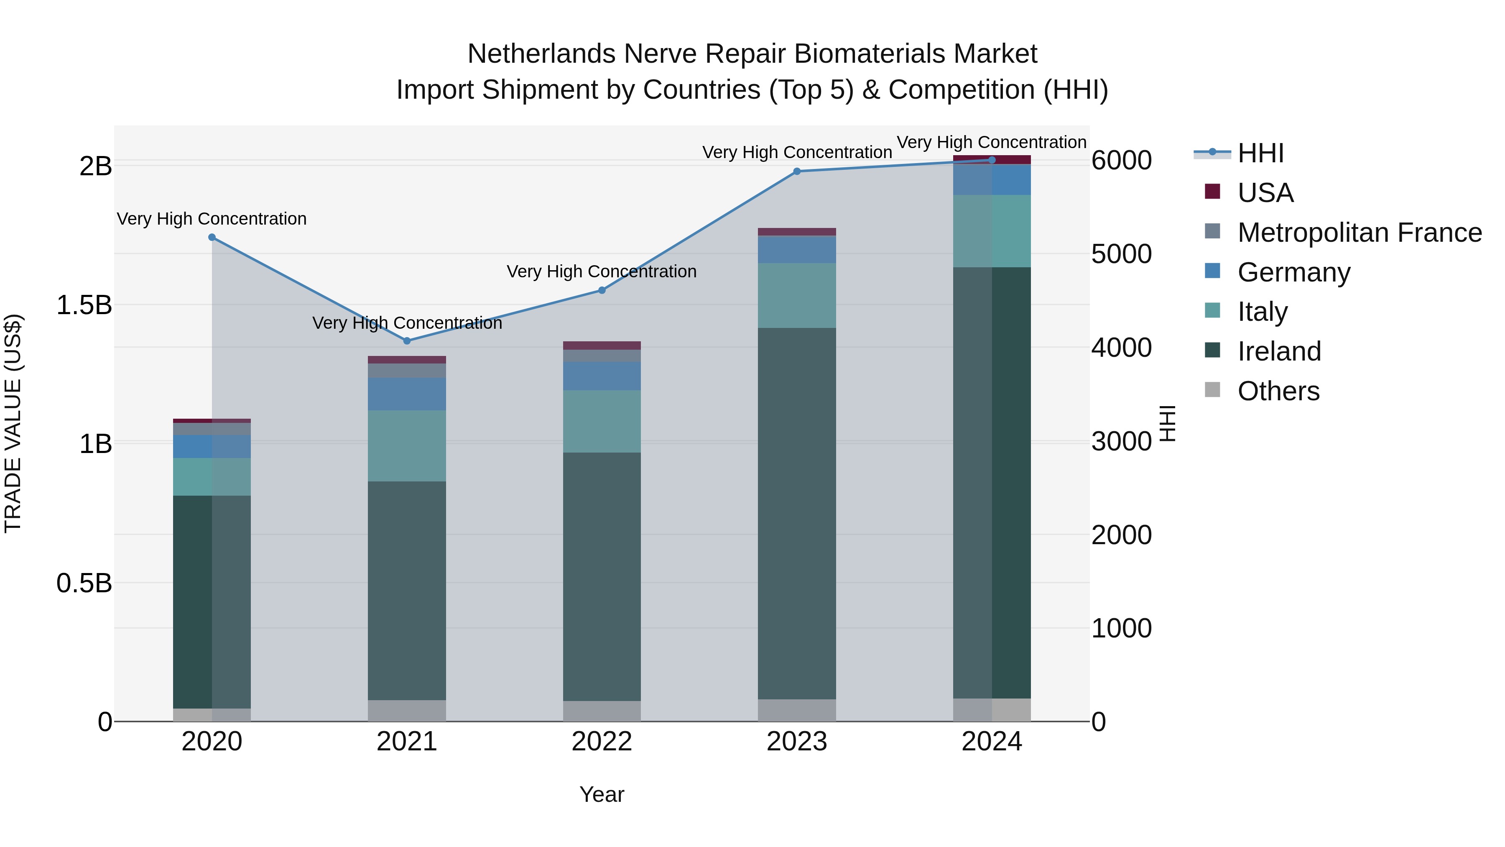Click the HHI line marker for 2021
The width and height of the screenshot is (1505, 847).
(407, 341)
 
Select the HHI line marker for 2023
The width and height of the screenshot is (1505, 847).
(796, 171)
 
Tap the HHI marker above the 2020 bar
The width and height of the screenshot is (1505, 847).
(212, 237)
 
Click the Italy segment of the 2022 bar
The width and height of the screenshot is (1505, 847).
(602, 422)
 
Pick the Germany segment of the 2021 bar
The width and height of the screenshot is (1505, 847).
(407, 394)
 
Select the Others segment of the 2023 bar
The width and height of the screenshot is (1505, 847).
(796, 710)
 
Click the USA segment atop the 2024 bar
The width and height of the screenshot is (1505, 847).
(992, 160)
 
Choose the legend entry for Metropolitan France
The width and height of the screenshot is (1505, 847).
(1359, 233)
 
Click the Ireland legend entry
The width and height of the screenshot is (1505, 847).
(1279, 351)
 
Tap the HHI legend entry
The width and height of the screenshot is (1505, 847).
(1260, 153)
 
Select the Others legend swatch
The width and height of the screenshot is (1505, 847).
(1212, 390)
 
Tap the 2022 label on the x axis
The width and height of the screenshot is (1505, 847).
(602, 742)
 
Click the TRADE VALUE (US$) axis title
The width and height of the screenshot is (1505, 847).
(13, 423)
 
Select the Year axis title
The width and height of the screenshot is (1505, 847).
(602, 794)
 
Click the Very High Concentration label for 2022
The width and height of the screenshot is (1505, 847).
(602, 272)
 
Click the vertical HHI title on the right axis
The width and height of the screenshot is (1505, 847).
(1167, 423)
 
